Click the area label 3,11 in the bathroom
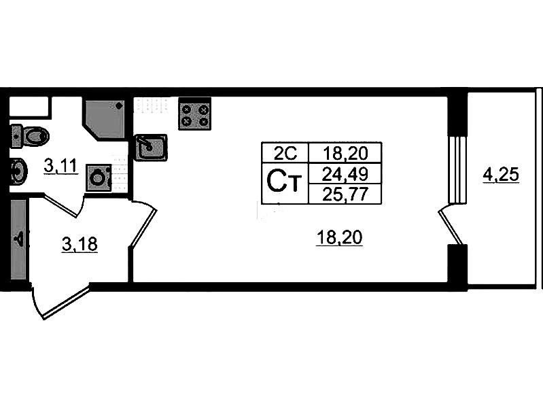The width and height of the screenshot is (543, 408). [60, 167]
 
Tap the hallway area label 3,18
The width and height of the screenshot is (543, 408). [80, 244]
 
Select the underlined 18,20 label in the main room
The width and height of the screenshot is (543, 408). [339, 238]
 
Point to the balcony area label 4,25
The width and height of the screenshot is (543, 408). [501, 175]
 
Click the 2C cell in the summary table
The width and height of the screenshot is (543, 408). [285, 152]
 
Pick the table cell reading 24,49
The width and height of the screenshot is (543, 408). [345, 173]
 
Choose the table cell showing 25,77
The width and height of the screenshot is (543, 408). [345, 194]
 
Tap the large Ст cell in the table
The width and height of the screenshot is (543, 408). [285, 183]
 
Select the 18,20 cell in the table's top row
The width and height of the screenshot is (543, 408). [345, 152]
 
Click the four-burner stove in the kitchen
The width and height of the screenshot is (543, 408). [194, 114]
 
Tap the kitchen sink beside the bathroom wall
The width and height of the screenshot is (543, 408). [151, 148]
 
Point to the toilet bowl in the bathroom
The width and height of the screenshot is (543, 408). [30, 136]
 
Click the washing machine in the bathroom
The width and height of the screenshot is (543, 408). [99, 178]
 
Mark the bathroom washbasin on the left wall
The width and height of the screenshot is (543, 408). [19, 170]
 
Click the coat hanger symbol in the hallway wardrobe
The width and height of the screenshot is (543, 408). [18, 239]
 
